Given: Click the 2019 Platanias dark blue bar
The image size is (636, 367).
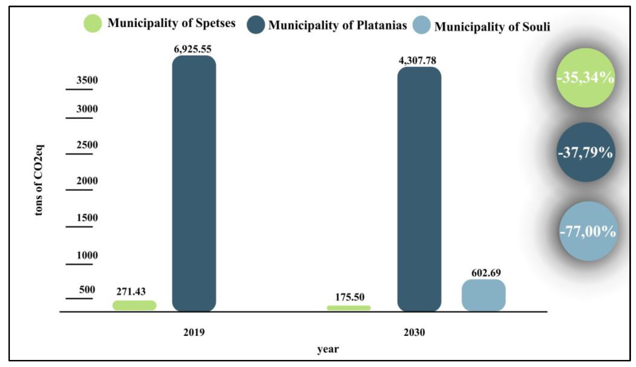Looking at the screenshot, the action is pyautogui.click(x=194, y=183).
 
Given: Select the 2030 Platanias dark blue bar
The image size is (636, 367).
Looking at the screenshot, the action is pyautogui.click(x=419, y=189).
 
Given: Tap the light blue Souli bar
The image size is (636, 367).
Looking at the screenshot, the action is pyautogui.click(x=484, y=295).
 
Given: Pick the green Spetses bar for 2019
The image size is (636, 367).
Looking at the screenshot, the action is pyautogui.click(x=134, y=305).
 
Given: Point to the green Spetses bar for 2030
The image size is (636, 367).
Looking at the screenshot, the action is pyautogui.click(x=349, y=308).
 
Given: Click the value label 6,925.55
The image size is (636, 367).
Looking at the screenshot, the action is pyautogui.click(x=192, y=49).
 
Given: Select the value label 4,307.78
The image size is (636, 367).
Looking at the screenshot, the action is pyautogui.click(x=417, y=61).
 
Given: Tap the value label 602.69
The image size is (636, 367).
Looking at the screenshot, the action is pyautogui.click(x=486, y=273).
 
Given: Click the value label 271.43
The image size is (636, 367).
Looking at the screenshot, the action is pyautogui.click(x=131, y=292).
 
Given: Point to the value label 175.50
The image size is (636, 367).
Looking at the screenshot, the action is pyautogui.click(x=350, y=297).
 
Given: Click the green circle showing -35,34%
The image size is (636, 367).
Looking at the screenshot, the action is pyautogui.click(x=586, y=78).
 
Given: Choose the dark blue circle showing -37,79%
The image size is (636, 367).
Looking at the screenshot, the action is pyautogui.click(x=586, y=152).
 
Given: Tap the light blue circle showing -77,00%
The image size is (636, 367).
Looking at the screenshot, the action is pyautogui.click(x=588, y=231).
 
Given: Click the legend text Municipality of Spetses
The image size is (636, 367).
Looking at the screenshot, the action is pyautogui.click(x=171, y=23).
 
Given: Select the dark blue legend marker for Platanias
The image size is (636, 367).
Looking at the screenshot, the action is pyautogui.click(x=256, y=25).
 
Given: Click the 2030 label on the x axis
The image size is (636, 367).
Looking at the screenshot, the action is pyautogui.click(x=414, y=332).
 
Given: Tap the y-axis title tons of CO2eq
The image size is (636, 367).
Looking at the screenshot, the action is pyautogui.click(x=39, y=180).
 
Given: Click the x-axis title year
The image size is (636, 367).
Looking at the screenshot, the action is pyautogui.click(x=328, y=349).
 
